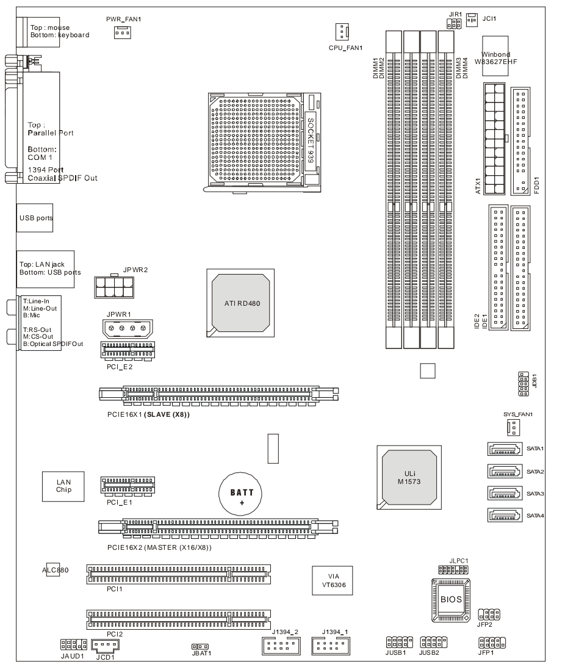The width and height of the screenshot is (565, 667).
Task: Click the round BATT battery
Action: (240, 494)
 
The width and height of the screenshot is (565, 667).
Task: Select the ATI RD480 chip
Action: (240, 303)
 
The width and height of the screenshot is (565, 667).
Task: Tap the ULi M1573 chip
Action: (409, 477)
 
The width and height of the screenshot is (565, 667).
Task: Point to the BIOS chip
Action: (451, 599)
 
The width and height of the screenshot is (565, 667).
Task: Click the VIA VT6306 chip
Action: (333, 580)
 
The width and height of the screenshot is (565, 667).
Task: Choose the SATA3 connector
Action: (505, 494)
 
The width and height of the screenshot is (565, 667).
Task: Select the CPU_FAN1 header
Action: (342, 32)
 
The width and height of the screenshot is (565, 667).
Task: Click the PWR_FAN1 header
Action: (122, 32)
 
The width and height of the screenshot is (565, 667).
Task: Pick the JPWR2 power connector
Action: (114, 287)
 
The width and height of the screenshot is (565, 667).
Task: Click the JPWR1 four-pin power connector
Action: (128, 328)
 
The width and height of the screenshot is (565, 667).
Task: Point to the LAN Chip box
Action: (63, 486)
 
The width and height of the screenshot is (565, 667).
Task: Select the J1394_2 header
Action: (282, 646)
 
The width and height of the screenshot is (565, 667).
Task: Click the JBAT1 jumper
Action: (200, 647)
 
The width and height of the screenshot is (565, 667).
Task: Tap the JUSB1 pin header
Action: (399, 643)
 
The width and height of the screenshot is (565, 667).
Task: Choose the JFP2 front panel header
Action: (489, 615)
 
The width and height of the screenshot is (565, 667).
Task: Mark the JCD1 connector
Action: (105, 645)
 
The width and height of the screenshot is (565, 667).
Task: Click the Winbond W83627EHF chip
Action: (495, 56)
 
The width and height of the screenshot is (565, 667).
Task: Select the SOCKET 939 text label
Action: (311, 140)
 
